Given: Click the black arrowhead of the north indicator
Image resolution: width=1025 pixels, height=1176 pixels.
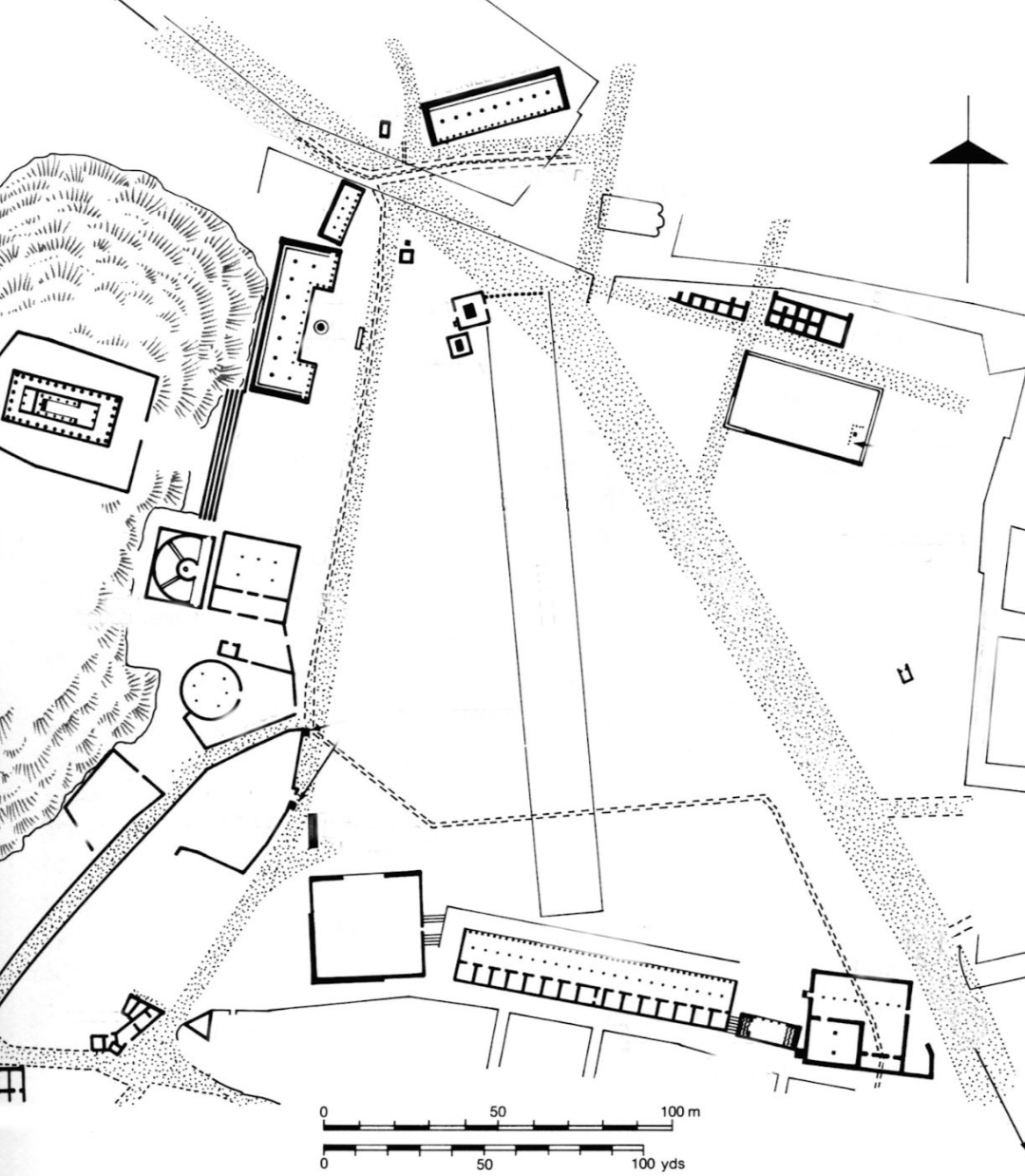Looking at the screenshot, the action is [x=967, y=154].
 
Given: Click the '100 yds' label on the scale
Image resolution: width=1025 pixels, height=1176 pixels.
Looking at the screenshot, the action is [x=655, y=1164].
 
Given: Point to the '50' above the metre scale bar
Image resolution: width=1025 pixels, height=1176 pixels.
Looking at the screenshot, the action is [x=498, y=1110].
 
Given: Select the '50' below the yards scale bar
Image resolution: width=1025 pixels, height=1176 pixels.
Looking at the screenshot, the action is [x=484, y=1164].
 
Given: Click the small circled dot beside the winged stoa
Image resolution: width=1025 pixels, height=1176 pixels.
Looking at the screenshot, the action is [x=321, y=327].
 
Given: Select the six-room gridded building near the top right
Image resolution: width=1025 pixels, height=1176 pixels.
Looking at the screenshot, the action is [x=808, y=317].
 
